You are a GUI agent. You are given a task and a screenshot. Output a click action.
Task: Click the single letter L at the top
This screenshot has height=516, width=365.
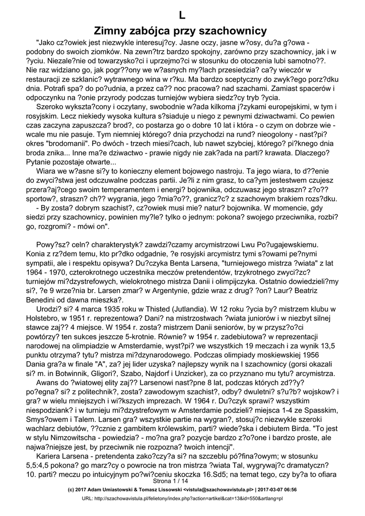point(182,15)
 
